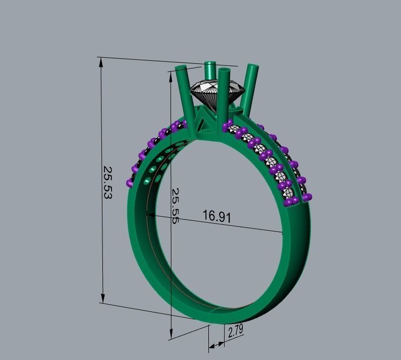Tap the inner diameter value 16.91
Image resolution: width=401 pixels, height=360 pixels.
pyautogui.click(x=217, y=216)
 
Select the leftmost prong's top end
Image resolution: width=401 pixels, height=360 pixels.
pyautogui.click(x=180, y=68)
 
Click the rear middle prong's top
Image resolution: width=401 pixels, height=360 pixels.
pyautogui.click(x=210, y=65)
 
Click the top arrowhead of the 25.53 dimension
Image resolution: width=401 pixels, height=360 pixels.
pyautogui.click(x=101, y=62)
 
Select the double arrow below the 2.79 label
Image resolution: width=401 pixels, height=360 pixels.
pyautogui.click(x=216, y=345)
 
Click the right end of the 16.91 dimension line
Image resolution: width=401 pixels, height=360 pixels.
pyautogui.click(x=282, y=232)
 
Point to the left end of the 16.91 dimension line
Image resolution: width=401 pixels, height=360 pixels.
pyautogui.click(x=148, y=215)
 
